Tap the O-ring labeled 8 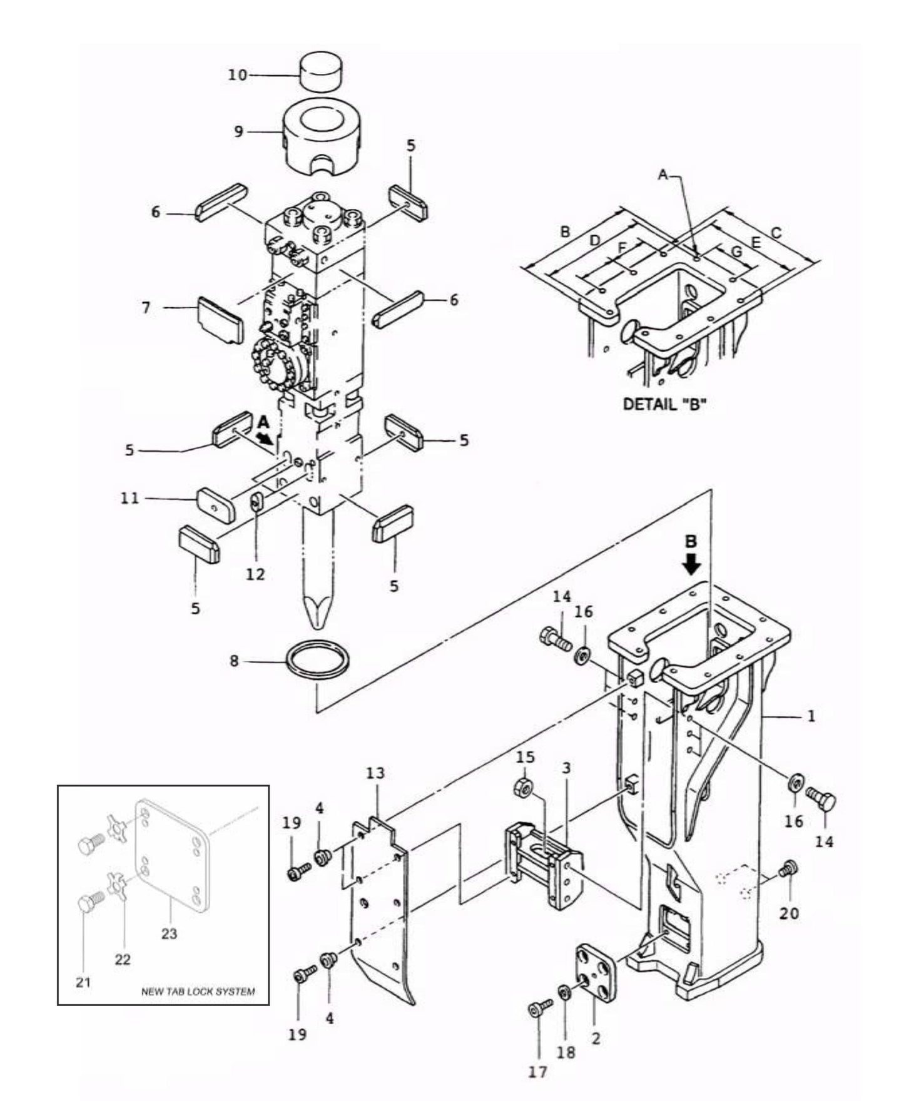318,664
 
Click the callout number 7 146,308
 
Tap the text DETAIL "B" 664,404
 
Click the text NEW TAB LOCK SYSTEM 198,992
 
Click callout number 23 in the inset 169,934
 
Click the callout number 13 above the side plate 375,773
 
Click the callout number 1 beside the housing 811,715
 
